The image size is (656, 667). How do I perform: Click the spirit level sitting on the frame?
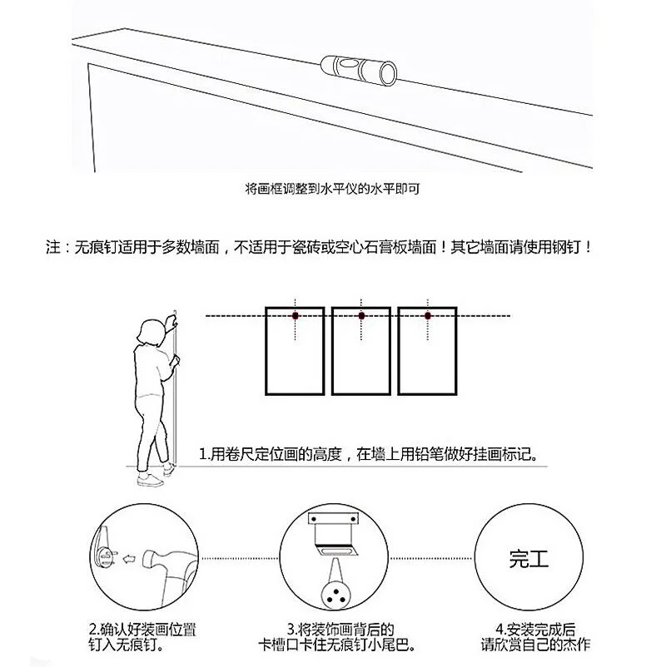coord(359,69)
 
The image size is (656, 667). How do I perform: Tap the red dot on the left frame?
coord(295,316)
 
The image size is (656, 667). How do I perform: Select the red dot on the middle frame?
coord(361,316)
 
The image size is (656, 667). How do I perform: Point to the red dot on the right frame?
coord(428,316)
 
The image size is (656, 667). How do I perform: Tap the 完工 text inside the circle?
coord(529,559)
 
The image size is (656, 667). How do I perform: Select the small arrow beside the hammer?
coord(129,559)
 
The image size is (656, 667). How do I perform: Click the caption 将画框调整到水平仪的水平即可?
coord(332,189)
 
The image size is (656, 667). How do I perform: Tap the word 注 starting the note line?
coord(53,247)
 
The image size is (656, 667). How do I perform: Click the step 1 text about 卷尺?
coord(369,454)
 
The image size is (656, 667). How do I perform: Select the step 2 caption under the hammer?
coord(142,637)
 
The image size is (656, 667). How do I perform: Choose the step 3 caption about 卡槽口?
coord(337,637)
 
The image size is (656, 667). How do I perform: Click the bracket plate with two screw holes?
coord(333,520)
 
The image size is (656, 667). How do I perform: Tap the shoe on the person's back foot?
coord(150,481)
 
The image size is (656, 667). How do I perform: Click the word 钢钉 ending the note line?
coord(566,247)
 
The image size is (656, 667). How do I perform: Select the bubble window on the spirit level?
coord(348,64)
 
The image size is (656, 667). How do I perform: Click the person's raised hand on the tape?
coord(171,321)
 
